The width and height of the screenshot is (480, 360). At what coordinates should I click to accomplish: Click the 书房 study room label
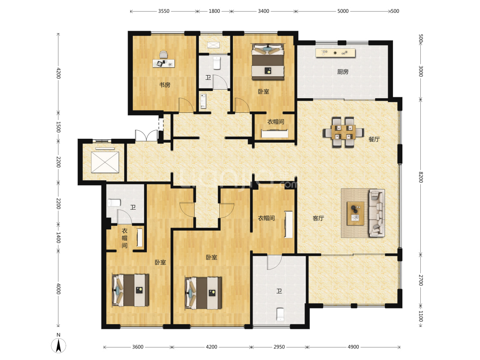click(x=165, y=85)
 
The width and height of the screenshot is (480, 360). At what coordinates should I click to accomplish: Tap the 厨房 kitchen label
click(x=343, y=72)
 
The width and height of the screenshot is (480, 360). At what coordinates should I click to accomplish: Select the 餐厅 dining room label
click(x=374, y=139)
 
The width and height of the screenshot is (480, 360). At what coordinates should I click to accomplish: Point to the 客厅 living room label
click(x=318, y=218)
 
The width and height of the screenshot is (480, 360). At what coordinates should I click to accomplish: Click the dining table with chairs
click(x=343, y=132)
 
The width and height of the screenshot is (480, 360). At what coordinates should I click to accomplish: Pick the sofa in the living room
click(x=376, y=213)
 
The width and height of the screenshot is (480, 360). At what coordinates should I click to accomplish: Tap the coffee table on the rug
click(x=355, y=214)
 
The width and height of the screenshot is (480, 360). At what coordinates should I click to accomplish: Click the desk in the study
click(x=164, y=63)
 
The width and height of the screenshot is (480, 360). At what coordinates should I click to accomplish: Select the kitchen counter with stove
click(x=335, y=53)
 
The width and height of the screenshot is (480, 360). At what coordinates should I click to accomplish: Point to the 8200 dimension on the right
click(x=421, y=177)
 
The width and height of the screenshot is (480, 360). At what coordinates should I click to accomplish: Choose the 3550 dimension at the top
click(x=164, y=11)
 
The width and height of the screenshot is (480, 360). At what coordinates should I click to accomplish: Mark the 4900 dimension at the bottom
click(x=353, y=347)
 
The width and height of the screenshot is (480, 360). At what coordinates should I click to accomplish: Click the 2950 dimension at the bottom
click(x=279, y=347)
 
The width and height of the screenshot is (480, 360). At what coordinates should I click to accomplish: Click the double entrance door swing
click(x=147, y=135)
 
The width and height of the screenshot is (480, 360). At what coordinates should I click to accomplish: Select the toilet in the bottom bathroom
click(x=280, y=314)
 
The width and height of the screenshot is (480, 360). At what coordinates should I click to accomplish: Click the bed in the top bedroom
click(x=268, y=62)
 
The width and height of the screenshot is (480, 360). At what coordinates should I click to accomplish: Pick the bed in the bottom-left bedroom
click(x=131, y=290)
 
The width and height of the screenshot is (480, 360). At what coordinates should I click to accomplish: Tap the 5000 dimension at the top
click(x=343, y=11)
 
